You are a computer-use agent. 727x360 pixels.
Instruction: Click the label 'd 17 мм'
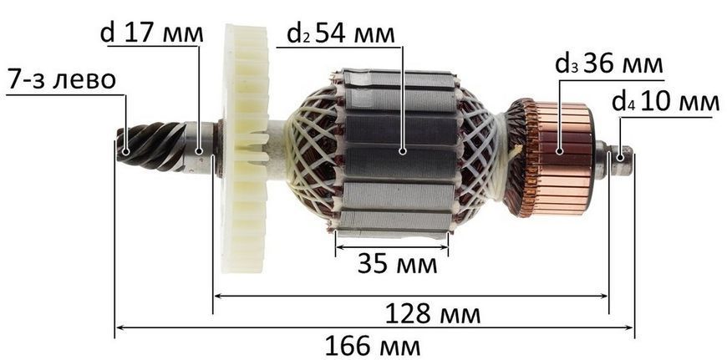151,33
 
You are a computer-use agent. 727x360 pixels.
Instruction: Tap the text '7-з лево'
61,80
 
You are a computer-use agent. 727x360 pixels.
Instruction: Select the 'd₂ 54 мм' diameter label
341,33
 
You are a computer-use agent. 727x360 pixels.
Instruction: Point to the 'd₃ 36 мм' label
609,65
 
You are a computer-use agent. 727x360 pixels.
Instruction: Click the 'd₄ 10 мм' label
665,102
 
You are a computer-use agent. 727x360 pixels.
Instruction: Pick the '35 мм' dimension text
397,265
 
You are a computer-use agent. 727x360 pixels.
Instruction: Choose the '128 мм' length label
433,315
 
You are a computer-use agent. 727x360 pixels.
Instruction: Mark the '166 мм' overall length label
373,346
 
